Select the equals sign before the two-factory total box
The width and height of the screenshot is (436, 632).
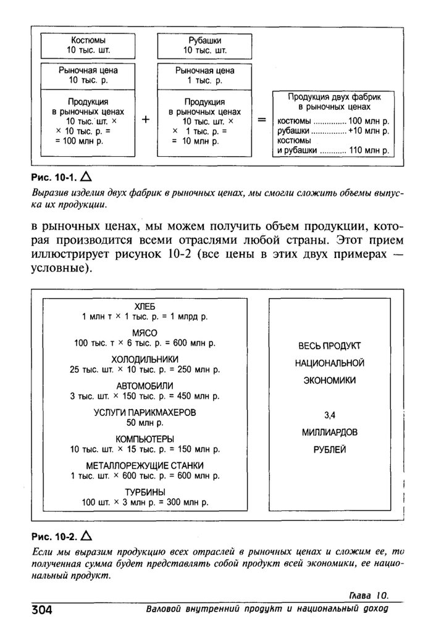pos(262,121)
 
